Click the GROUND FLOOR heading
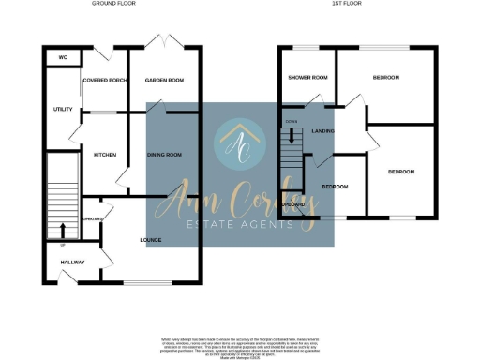[x=114, y=4]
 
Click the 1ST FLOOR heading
[x=346, y=4]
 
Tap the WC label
[x=63, y=57]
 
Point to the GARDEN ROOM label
[x=162, y=81]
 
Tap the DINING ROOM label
[x=164, y=154]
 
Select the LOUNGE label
[x=151, y=240]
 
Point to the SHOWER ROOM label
[x=307, y=77]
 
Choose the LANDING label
[x=323, y=131]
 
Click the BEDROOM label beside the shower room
[x=385, y=77]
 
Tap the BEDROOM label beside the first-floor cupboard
[x=335, y=187]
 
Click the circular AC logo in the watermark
[x=239, y=144]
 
